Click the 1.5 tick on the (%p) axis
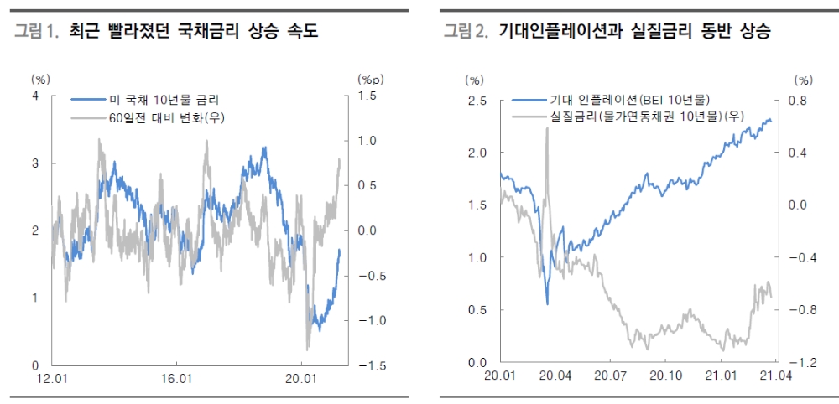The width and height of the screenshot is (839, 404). click(x=367, y=96)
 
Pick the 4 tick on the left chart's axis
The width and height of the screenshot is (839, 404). click(x=35, y=96)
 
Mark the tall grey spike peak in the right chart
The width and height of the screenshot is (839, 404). click(x=546, y=128)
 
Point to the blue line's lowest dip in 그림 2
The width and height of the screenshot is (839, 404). click(x=547, y=303)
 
